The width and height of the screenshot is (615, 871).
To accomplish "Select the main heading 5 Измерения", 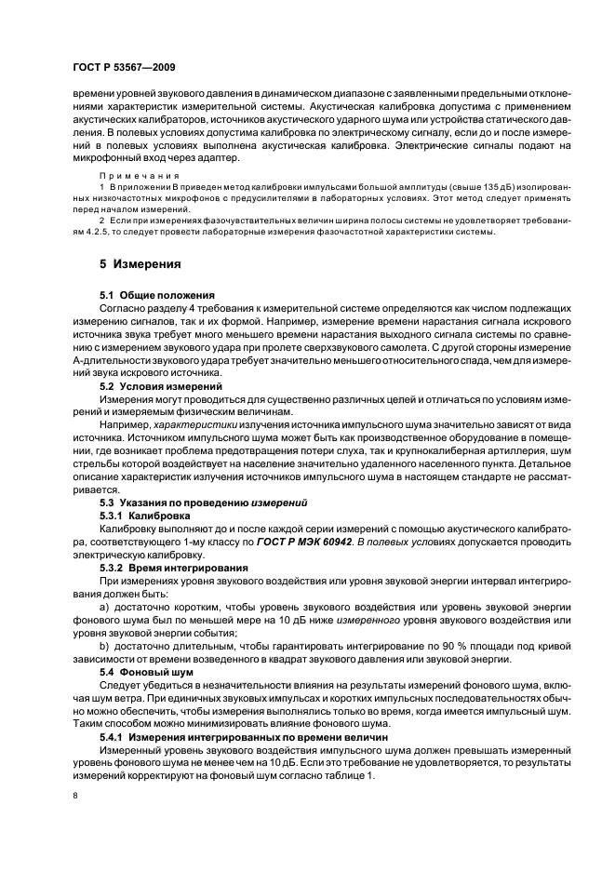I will click(140, 264).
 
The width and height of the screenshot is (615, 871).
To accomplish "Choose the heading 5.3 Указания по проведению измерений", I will click(204, 502).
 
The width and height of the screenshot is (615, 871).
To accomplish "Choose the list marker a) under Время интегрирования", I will click(104, 605).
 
